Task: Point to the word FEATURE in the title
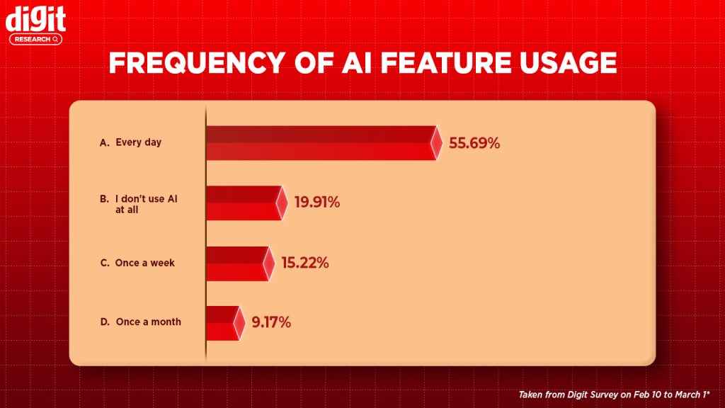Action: [422, 64]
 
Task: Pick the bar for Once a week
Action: [236, 263]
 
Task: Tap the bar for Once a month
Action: [222, 323]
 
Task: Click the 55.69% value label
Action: [474, 143]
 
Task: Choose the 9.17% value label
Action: [270, 323]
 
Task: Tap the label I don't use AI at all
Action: [137, 205]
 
